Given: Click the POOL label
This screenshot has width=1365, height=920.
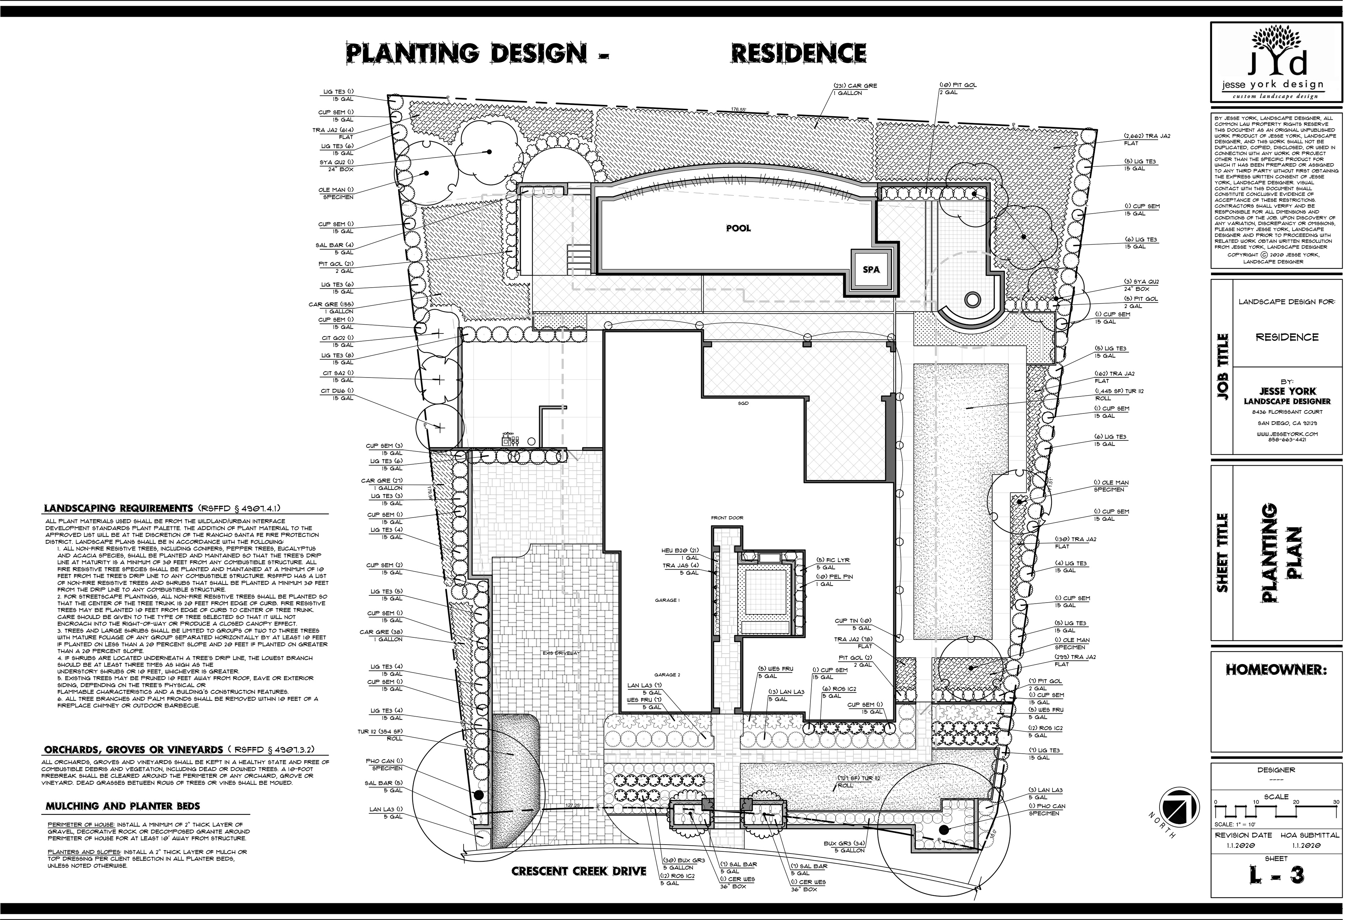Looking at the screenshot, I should tap(738, 228).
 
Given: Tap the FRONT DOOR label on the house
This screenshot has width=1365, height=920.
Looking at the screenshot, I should tap(727, 518).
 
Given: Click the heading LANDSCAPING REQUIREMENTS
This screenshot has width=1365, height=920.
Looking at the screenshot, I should tap(118, 508).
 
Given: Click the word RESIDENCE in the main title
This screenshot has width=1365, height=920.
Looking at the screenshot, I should tap(798, 53).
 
